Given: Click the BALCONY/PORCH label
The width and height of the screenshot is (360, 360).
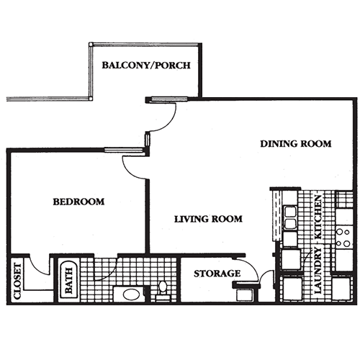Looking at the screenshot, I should coord(146,65).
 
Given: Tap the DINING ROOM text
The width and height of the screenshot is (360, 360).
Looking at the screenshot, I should coord(295,144).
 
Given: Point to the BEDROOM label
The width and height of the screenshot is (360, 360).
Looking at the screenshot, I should coord(78,202).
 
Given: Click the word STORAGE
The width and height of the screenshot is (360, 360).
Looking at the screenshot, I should coord(217,274).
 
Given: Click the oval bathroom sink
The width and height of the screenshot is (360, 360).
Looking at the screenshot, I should coord(130,294).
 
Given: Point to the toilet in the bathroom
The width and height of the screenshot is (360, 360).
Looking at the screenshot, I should coord(163,289).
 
